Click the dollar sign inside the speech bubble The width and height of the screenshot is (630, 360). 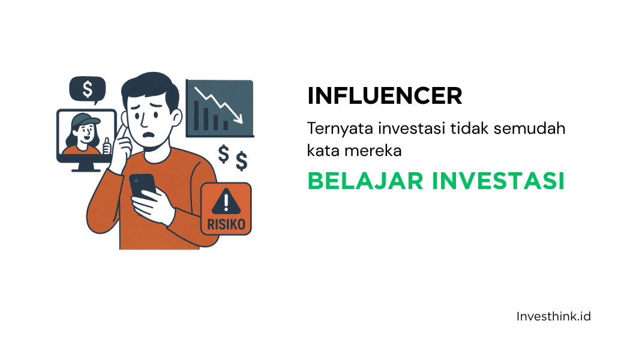pos(88,89)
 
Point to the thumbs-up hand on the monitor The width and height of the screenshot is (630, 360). pos(106,146)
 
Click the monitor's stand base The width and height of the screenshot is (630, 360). pos(86,170)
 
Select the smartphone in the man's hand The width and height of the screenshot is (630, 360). pos(143,187)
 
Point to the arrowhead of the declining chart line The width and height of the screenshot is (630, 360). pos(239,119)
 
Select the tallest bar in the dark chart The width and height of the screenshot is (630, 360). pos(196,116)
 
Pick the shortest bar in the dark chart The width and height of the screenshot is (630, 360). pos(226,126)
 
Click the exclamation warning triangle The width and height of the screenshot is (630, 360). pos(226,201)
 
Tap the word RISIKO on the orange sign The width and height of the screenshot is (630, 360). pos(226,224)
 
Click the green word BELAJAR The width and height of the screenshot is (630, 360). pos(365,181)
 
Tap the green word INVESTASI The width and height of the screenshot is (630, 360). pos(499,181)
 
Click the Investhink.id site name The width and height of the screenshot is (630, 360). pos(554,317)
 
